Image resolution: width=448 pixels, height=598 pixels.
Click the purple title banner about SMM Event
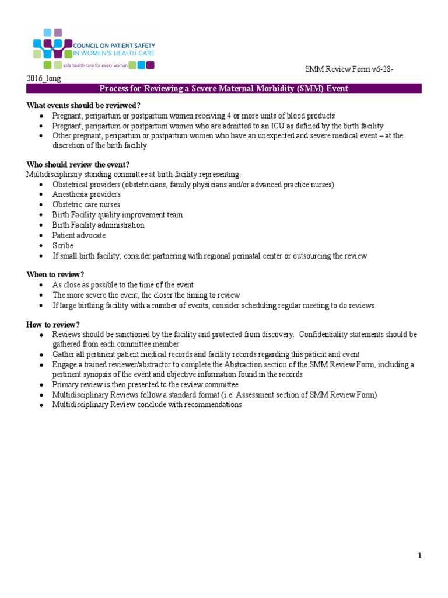click(x=223, y=89)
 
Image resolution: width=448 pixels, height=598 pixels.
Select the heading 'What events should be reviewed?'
click(x=83, y=105)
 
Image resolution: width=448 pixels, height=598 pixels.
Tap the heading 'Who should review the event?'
click(x=78, y=164)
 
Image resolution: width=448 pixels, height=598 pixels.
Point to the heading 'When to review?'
click(x=55, y=274)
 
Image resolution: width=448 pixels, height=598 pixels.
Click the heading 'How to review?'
click(x=53, y=325)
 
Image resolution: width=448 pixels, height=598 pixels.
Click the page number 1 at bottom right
click(x=419, y=556)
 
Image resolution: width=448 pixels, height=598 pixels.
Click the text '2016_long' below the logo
click(x=43, y=78)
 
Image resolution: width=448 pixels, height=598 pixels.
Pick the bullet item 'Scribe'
click(x=63, y=246)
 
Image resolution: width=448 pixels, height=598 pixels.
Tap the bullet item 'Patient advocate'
click(x=79, y=235)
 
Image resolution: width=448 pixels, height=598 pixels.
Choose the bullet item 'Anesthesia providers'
click(x=86, y=194)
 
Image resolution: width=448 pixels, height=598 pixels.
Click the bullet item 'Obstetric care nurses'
click(x=86, y=204)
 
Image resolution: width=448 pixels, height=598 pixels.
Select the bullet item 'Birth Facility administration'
click(x=98, y=225)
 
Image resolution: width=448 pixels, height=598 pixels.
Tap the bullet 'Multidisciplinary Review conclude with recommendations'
click(x=146, y=405)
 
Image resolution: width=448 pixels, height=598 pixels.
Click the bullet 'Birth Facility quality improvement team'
click(x=117, y=215)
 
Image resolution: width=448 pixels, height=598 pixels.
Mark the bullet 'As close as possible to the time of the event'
click(x=123, y=285)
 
